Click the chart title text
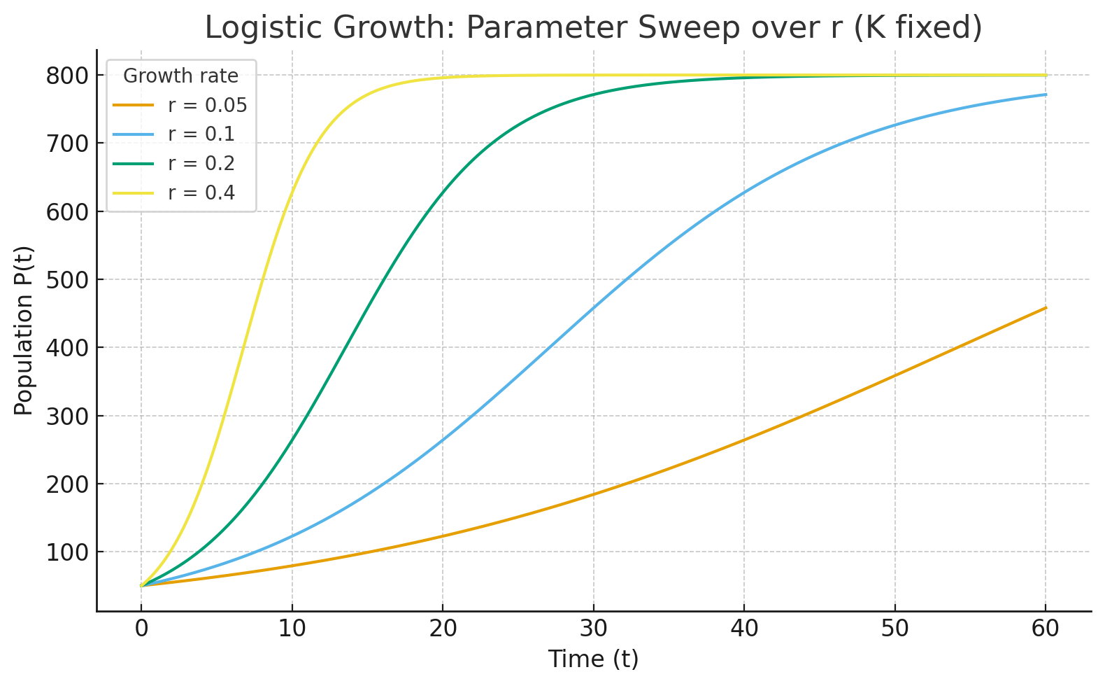coord(593,28)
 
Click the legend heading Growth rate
coord(180,76)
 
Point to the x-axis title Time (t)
coord(593,659)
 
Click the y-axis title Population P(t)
coord(24,330)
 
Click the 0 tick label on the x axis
coord(141,629)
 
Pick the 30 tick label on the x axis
coord(594,629)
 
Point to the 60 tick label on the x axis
coord(1046,629)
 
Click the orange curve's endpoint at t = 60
coord(1046,307)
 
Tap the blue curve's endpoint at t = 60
coord(1046,94)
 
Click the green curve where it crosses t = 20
coord(443,191)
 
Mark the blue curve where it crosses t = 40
coord(744,191)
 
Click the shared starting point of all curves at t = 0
coord(141,585)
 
